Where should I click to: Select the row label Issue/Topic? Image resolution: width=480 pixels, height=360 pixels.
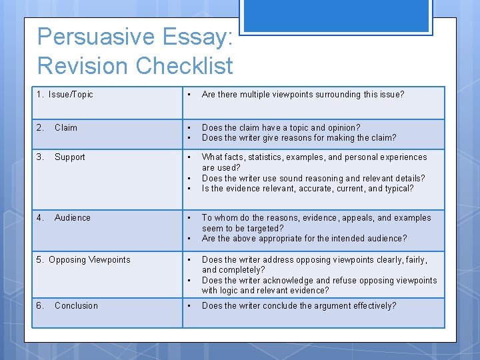(x=71, y=95)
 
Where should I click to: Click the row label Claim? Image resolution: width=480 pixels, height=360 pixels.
(x=66, y=128)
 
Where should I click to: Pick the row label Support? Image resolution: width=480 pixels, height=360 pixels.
(x=70, y=157)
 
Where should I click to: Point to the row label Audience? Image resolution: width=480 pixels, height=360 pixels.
(x=73, y=218)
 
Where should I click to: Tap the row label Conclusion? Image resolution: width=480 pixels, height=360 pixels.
(x=76, y=306)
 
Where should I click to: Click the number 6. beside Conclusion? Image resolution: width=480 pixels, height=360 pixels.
(x=41, y=306)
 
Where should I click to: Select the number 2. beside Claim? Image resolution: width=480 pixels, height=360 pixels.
(x=40, y=128)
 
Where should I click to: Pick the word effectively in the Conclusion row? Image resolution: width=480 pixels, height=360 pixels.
(x=372, y=306)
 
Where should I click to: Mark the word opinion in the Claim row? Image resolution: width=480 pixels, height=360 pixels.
(x=343, y=128)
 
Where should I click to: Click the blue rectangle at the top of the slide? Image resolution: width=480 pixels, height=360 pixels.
(x=336, y=15)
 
